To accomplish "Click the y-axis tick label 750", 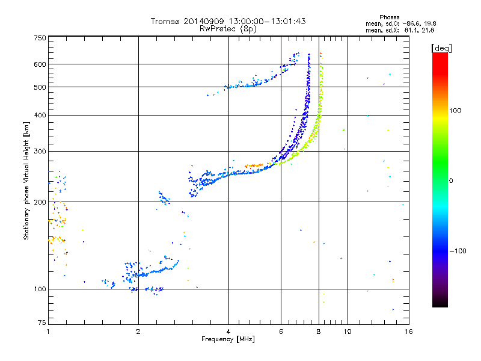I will click(x=40, y=38).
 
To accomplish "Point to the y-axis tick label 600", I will click(x=40, y=64).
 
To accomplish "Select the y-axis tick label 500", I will click(x=40, y=87).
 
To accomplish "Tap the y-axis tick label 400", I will click(x=40, y=115).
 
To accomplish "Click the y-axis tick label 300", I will click(x=40, y=152).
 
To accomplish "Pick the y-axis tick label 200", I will click(x=40, y=202).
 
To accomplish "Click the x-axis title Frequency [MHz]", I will click(x=228, y=340).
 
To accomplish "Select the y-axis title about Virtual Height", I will click(x=26, y=180).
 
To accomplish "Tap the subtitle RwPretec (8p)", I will click(x=228, y=28).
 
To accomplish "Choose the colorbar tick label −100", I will click(x=457, y=251).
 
